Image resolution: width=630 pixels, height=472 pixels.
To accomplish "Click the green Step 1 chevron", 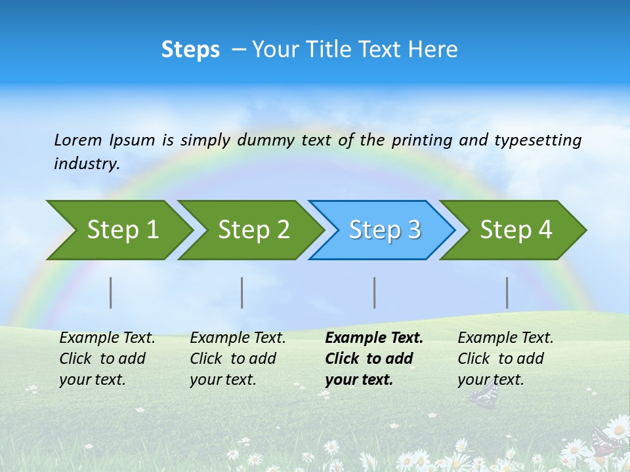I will [121, 230].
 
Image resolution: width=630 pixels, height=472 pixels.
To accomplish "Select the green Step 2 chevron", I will [253, 230].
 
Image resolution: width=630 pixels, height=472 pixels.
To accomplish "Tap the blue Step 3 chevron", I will [384, 230].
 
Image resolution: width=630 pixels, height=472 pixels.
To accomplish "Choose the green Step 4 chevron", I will [515, 230].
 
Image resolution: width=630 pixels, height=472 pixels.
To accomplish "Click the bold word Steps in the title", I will [190, 50].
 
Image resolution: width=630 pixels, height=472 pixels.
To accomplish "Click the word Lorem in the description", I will [78, 140].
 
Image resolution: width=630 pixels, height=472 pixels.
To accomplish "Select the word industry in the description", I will [87, 163].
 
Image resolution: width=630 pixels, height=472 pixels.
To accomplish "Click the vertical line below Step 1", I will [111, 292].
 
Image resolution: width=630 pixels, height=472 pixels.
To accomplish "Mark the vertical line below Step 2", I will [242, 292].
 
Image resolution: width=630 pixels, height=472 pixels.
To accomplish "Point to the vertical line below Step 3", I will [375, 292].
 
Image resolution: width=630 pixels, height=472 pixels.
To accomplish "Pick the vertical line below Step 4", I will [507, 292].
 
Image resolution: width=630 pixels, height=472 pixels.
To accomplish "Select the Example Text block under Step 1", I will [107, 359].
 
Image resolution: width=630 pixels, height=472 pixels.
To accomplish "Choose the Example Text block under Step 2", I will [238, 359].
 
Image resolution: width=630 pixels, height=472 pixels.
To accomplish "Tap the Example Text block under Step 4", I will [505, 359].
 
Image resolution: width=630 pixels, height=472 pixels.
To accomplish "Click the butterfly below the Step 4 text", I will [484, 395].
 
